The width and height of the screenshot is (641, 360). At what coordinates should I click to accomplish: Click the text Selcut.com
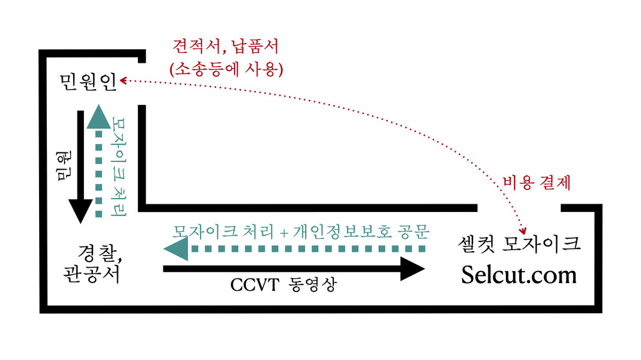(519, 275)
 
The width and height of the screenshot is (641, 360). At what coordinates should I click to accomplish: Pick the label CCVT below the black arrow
(253, 286)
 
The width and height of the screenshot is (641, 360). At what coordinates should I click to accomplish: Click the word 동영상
(309, 286)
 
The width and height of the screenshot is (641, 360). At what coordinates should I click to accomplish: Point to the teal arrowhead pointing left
(175, 248)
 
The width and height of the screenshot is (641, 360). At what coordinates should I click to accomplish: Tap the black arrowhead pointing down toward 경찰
(81, 210)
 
